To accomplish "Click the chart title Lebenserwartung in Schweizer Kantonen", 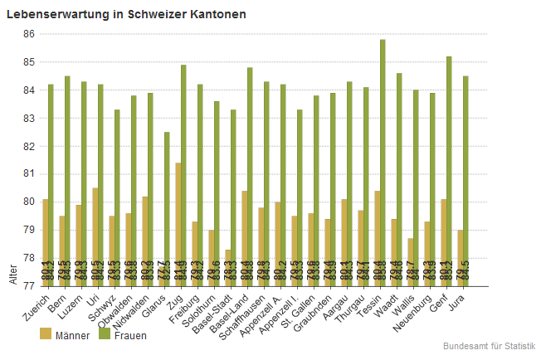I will point(126,15).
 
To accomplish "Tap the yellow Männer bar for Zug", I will point(178,224).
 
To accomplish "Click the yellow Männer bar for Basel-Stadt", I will point(228,267).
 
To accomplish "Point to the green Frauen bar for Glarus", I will point(167,208).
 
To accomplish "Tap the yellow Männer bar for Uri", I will point(95,236).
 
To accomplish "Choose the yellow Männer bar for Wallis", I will point(411,261).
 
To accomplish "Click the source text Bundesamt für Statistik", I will point(490,345).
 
